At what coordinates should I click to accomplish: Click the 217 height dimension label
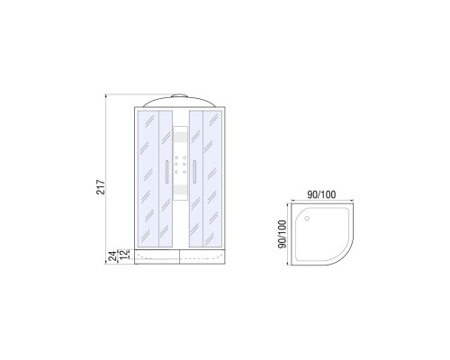coord(101,187)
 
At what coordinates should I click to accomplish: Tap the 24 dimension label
coord(112,256)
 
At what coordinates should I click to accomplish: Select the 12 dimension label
coord(123,255)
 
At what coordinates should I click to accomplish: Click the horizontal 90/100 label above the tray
coord(321,194)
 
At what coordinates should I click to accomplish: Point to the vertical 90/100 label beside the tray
coord(283,234)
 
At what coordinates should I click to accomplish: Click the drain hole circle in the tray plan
coord(307,219)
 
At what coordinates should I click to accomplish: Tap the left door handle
coord(166,171)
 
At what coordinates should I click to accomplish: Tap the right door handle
coord(194,171)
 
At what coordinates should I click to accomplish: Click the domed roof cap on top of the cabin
coord(179,101)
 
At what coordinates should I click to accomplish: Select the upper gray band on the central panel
coord(181,137)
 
